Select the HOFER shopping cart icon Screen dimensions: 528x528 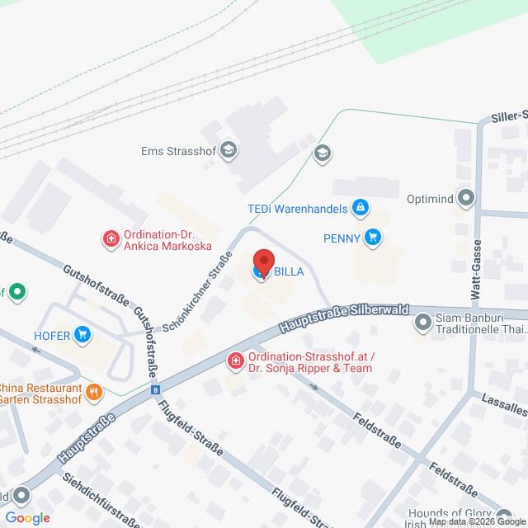tap(82, 334)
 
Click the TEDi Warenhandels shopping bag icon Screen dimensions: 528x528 tap(360, 207)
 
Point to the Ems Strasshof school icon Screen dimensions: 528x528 tap(229, 150)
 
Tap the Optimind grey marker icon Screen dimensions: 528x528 tap(467, 198)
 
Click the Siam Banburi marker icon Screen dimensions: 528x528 tap(423, 323)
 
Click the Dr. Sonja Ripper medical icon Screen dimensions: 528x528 tap(235, 361)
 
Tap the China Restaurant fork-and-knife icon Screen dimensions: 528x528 tap(95, 392)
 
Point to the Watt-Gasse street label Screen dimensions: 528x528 tap(477, 267)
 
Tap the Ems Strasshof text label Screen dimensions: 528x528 tap(177, 150)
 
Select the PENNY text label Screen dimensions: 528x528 tap(342, 238)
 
